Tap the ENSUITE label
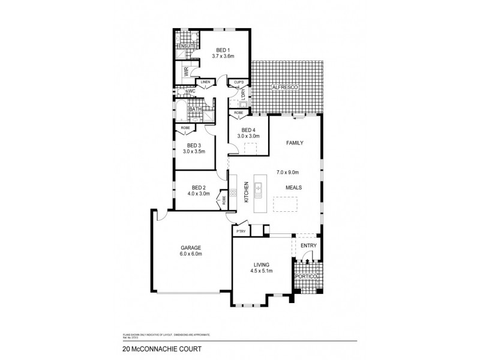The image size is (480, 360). [187, 46]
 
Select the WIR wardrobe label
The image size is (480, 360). [187, 72]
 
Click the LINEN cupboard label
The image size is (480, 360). [205, 82]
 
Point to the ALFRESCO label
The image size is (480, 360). [284, 88]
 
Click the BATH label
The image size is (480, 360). [195, 109]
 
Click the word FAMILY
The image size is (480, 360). [294, 143]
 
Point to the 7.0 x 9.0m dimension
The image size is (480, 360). [287, 172]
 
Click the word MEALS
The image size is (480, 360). [293, 187]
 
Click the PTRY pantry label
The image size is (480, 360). [241, 230]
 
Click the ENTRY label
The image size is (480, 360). [308, 245]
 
